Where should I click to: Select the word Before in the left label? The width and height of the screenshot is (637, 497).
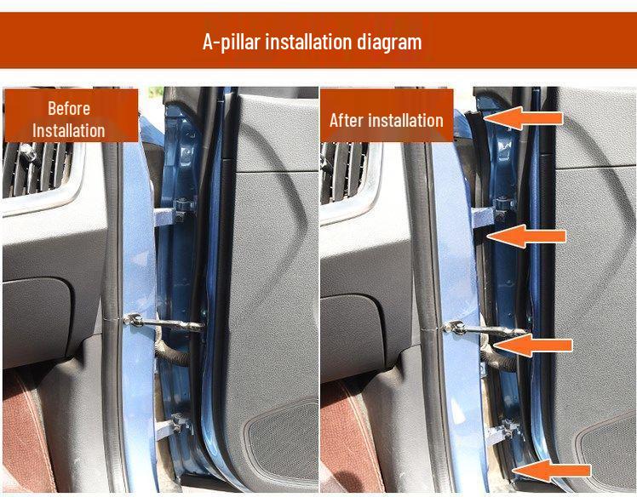click(69, 108)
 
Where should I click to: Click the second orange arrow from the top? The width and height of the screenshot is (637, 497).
click(529, 236)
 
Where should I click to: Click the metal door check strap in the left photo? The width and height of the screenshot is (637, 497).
click(162, 323)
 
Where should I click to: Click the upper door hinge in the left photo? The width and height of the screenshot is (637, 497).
click(181, 209)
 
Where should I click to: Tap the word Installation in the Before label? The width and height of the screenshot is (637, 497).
click(69, 130)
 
